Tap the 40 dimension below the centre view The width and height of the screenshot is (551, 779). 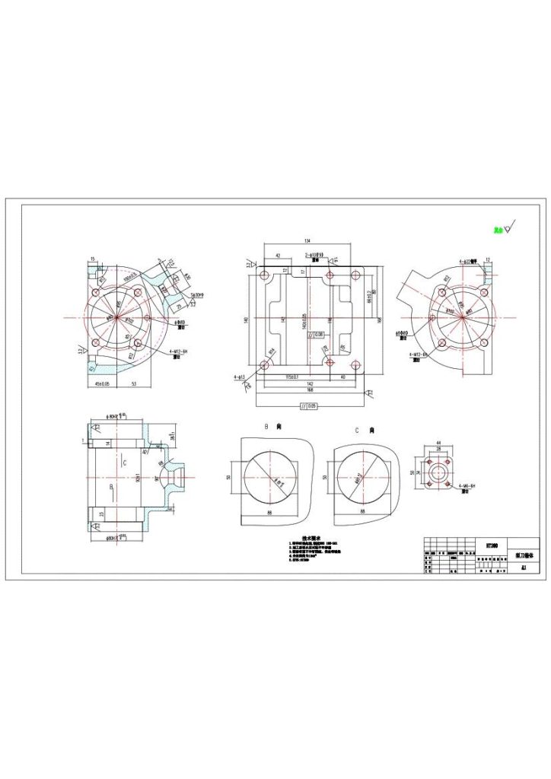point(343,377)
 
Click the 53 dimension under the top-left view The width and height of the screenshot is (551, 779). point(134,385)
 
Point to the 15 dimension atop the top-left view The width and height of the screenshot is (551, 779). point(93,259)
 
